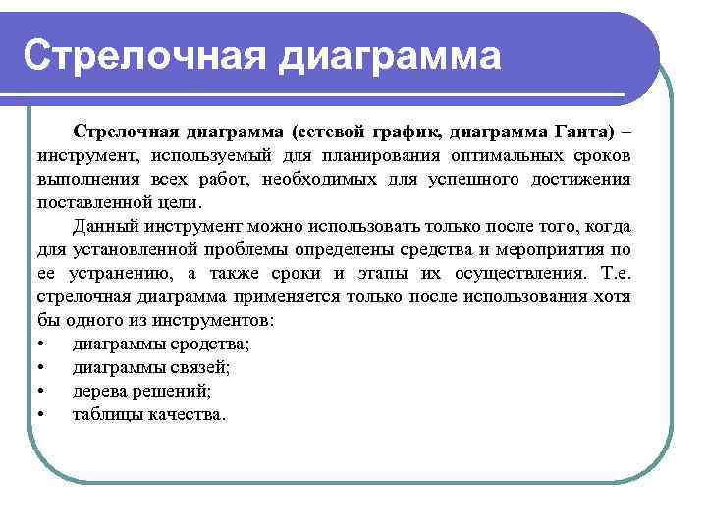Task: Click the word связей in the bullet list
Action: [199, 367]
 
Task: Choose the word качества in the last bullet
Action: [190, 414]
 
